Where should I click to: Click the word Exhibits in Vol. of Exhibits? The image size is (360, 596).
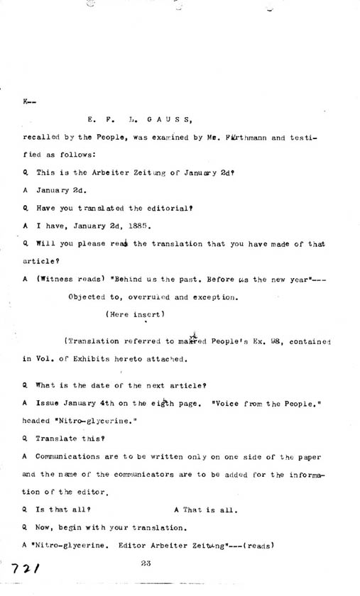[104, 360]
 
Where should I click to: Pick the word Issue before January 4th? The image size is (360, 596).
[48, 402]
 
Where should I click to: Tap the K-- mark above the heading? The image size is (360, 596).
[28, 101]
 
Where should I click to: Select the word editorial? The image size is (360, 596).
[166, 208]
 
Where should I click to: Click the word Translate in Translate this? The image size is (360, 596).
[55, 438]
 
